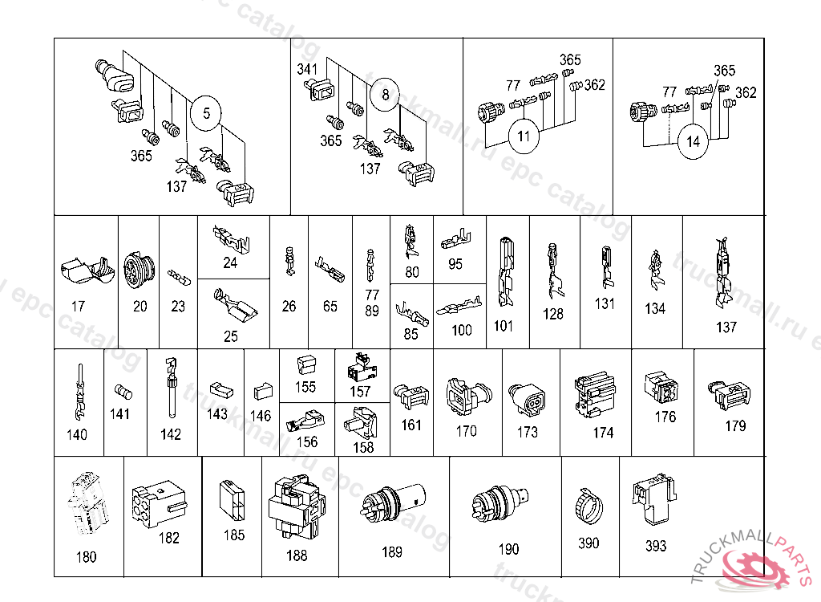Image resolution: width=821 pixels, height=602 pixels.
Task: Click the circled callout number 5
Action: click(206, 113)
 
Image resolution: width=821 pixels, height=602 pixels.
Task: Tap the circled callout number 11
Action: click(524, 136)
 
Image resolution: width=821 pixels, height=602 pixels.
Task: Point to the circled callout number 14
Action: click(693, 142)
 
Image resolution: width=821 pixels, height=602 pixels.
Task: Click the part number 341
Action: click(308, 69)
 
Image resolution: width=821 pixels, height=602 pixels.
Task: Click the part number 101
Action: click(504, 326)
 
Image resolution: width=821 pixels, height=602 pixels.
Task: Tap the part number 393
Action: click(656, 546)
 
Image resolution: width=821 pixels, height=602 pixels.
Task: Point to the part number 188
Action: click(297, 555)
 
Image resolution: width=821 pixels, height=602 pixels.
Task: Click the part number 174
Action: click(603, 433)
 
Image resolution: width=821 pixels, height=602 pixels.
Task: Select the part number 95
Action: click(455, 264)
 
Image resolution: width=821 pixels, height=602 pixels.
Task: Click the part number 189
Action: click(392, 551)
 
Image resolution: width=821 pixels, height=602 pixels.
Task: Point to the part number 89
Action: click(372, 311)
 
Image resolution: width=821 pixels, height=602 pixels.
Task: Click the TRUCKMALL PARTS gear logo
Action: click(757, 571)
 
